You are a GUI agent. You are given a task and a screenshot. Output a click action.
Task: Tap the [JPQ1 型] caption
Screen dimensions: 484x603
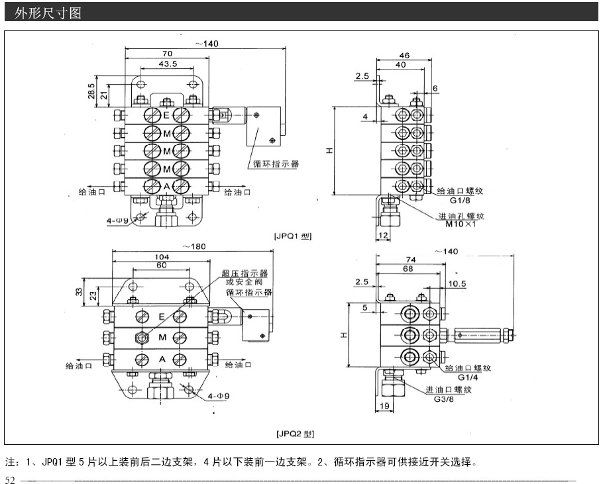pos(292,236)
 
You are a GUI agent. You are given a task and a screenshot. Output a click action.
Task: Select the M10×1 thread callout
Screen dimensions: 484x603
pos(461,224)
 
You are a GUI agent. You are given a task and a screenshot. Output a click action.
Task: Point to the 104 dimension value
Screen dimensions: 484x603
pos(161,256)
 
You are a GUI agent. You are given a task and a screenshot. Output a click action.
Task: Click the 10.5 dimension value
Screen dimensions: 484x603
pos(458,283)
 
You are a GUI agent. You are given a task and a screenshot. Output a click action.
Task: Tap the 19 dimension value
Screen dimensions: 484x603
pos(385,406)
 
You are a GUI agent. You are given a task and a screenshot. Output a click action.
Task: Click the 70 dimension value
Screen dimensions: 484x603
pos(167,54)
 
